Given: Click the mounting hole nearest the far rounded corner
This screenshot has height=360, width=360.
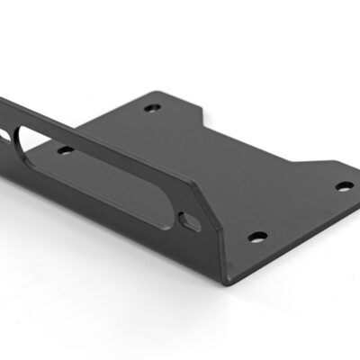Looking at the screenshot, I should pyautogui.click(x=151, y=108).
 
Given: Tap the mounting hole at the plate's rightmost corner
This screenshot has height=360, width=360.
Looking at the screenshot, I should pyautogui.click(x=345, y=186).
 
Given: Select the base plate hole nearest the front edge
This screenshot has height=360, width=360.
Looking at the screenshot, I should pyautogui.click(x=257, y=238).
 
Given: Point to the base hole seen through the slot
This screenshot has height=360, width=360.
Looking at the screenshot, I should pyautogui.click(x=65, y=149).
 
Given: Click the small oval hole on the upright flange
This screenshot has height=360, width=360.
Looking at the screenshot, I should pyautogui.click(x=190, y=220).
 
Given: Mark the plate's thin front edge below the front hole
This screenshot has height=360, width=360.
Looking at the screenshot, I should pyautogui.click(x=270, y=261).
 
